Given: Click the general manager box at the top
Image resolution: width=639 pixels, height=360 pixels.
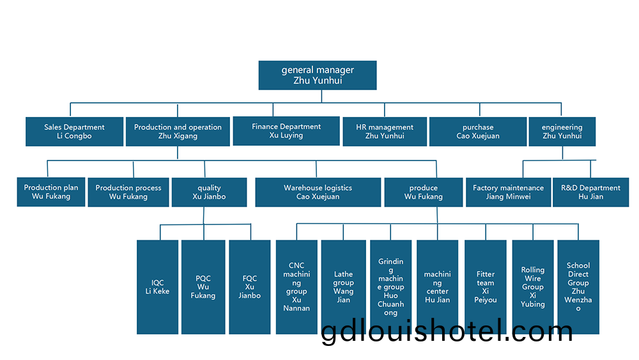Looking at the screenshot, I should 318,75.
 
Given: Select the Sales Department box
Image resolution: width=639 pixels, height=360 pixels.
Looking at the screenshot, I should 74,131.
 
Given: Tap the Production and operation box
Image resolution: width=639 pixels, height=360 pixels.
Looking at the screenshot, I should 178,131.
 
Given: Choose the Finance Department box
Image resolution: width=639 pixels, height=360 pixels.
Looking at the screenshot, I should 286,130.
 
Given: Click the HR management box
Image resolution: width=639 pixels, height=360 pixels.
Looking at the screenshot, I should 385,131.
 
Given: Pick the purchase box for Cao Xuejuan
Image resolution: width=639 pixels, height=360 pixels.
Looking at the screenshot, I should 478,131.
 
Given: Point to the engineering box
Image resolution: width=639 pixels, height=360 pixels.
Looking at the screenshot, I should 562,131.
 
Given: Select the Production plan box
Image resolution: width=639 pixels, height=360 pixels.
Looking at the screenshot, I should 51,192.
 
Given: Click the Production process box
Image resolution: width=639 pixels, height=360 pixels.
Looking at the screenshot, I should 128,192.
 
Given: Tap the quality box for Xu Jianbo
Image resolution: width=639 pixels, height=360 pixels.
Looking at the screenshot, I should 209,192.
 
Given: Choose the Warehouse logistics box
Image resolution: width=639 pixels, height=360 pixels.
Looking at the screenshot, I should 318,192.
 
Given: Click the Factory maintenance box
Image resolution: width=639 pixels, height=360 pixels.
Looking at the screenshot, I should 508,192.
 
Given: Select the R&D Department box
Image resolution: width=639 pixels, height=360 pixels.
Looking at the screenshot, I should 590,192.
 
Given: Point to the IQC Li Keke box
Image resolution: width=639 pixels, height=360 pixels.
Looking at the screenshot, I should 157,286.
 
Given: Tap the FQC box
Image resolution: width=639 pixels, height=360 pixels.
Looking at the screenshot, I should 249,286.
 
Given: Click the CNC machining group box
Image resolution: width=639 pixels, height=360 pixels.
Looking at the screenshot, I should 296,281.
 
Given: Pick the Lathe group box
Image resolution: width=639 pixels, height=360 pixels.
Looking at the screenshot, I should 343,281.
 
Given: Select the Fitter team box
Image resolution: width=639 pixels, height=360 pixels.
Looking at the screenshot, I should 486,281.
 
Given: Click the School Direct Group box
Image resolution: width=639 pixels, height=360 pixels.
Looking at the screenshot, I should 578,281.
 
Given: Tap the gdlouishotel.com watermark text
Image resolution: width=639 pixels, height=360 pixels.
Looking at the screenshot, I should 447,332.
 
